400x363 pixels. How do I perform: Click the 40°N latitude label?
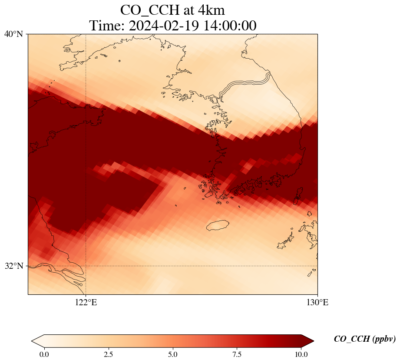[14, 34]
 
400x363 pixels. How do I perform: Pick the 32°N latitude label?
[14, 266]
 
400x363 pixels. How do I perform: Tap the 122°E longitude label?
[86, 303]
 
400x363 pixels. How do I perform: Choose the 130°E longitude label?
[317, 303]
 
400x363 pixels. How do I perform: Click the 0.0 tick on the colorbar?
[44, 354]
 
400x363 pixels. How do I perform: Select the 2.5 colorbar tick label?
[109, 354]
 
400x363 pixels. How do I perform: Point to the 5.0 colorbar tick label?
[173, 354]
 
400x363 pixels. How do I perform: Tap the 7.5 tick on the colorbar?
[237, 354]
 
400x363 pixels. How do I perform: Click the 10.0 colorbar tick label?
[301, 354]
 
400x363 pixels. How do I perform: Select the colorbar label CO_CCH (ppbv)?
[364, 339]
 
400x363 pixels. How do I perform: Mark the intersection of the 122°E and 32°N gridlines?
[86, 266]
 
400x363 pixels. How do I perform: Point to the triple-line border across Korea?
[245, 84]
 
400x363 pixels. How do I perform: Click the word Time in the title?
[105, 26]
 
